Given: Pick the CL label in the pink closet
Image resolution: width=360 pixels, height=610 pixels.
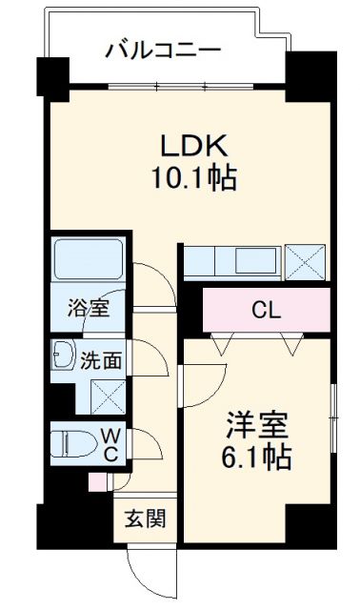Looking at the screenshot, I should (267, 310).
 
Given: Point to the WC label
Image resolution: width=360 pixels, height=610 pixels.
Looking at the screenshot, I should (110, 443).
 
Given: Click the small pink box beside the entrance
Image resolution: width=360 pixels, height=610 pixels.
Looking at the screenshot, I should (95, 482).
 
